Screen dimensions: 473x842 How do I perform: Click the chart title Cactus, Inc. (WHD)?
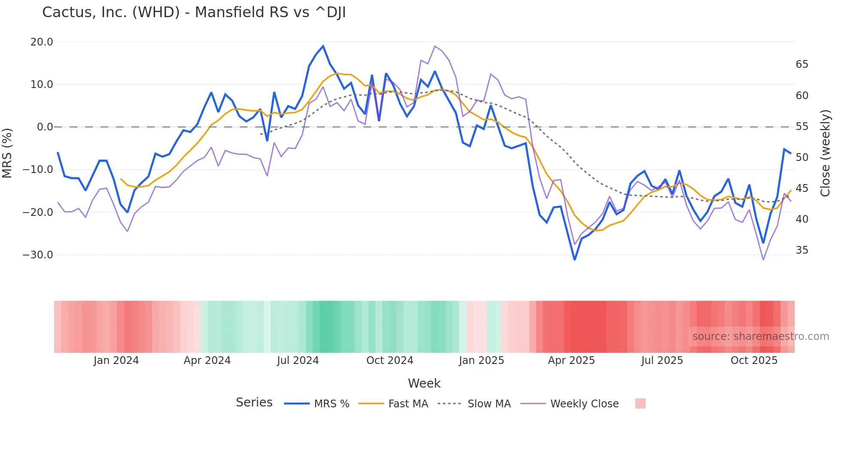[194, 12]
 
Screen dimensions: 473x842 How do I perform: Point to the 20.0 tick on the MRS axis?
[42, 42]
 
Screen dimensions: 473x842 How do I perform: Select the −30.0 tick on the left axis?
[38, 255]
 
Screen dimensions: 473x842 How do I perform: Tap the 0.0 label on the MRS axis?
[45, 127]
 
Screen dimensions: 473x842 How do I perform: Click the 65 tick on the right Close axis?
[802, 64]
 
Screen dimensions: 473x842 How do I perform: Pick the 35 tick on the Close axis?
[802, 250]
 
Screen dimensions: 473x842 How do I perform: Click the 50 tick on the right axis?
[802, 158]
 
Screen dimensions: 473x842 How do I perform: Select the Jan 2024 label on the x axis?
[116, 361]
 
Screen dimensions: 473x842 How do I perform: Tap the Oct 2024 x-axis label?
[390, 361]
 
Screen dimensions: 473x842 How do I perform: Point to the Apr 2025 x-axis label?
[571, 361]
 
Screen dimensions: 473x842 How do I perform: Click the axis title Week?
[424, 383]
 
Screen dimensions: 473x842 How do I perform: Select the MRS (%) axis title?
[7, 153]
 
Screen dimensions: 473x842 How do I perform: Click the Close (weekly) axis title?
[825, 153]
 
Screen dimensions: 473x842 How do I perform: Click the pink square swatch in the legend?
[640, 403]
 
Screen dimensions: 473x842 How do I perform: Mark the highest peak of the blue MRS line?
[323, 46]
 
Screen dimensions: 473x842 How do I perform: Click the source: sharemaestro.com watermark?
[760, 337]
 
